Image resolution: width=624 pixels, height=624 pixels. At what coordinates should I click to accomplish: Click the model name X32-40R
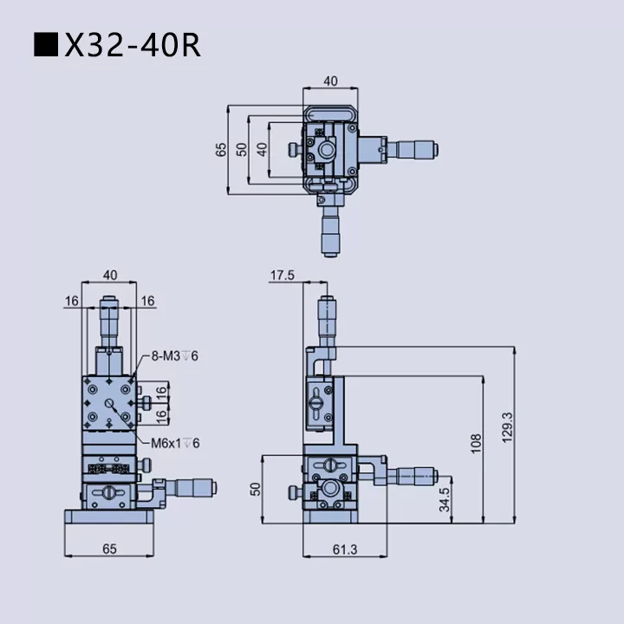[133, 45]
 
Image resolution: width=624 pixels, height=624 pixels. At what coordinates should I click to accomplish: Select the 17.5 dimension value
[283, 275]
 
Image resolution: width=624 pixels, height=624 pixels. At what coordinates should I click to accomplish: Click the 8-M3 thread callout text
[174, 355]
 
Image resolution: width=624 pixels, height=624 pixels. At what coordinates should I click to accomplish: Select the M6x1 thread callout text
[176, 443]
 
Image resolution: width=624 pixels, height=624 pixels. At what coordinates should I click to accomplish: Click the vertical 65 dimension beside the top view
[221, 149]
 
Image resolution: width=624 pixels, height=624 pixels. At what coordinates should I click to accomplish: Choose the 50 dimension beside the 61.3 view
[256, 489]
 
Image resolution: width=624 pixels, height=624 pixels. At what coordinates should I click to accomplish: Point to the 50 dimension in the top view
[242, 149]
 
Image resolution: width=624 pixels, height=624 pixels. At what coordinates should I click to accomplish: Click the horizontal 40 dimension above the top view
[330, 81]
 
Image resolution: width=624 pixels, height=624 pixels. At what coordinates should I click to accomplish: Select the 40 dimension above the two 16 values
[110, 275]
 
